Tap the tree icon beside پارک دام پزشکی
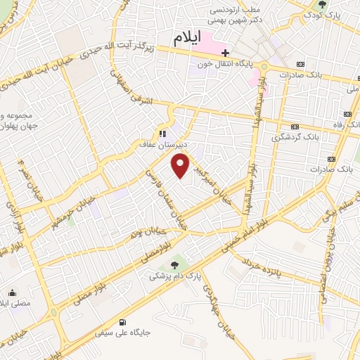(x=173, y=265)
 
